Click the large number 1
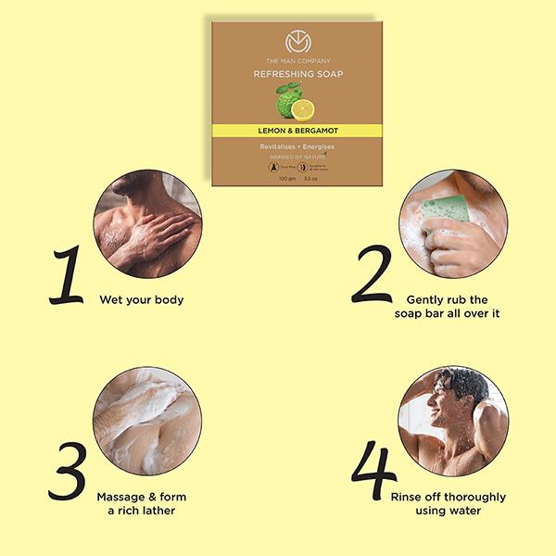[x=66, y=276]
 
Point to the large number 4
[x=369, y=474]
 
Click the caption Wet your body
[x=142, y=299]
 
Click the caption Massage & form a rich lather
[x=141, y=503]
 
